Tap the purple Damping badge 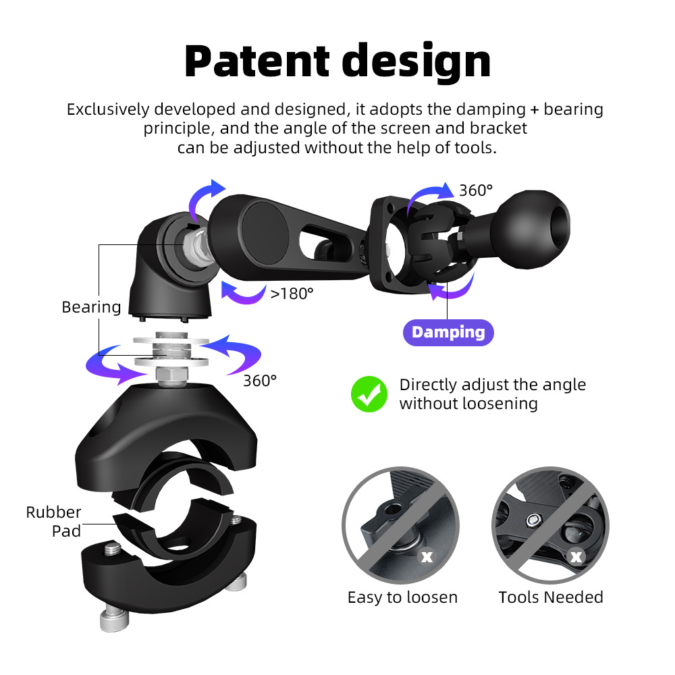tap(448, 332)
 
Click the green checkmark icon tap(369, 394)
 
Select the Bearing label tap(91, 307)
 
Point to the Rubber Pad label tap(54, 521)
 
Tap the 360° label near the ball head tap(476, 190)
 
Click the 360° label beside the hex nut tap(260, 381)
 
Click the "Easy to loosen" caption tap(402, 597)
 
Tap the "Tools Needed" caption tap(551, 597)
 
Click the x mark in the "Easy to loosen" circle tap(427, 557)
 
